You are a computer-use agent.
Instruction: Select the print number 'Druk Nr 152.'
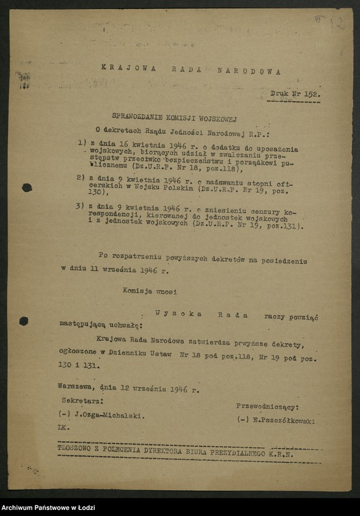click(x=295, y=94)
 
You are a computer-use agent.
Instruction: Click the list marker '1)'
click(x=82, y=143)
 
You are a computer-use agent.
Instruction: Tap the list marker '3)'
click(x=80, y=206)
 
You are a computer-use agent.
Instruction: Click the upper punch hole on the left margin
click(x=26, y=187)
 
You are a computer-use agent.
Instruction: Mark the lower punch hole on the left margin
click(x=23, y=321)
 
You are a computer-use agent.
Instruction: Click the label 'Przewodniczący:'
click(x=267, y=407)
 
